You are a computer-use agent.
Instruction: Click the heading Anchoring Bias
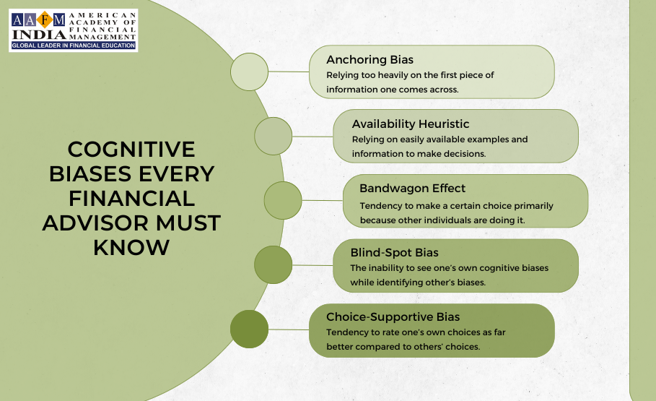tap(369, 60)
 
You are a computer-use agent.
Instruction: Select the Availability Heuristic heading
tap(411, 124)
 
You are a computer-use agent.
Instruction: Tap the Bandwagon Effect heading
tap(412, 189)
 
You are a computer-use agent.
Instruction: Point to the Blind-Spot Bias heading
tap(394, 253)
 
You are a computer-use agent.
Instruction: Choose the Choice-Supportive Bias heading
tap(393, 317)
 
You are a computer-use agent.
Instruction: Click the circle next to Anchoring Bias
tap(250, 72)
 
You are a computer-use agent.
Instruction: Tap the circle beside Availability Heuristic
tap(274, 136)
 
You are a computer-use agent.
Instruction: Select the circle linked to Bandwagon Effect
tap(283, 200)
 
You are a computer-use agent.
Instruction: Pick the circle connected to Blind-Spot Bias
tap(274, 265)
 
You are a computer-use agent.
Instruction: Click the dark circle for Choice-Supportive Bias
tap(250, 329)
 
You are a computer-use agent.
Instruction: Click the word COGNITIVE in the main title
tap(131, 150)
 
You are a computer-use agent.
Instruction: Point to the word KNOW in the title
tap(131, 248)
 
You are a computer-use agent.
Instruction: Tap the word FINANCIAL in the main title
tap(131, 199)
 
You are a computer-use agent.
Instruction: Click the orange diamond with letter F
tap(44, 20)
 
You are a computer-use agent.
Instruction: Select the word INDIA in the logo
tap(39, 35)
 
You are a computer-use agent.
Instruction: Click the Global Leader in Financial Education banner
tap(73, 46)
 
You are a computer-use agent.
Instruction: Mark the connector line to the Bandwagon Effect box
tap(322, 200)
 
